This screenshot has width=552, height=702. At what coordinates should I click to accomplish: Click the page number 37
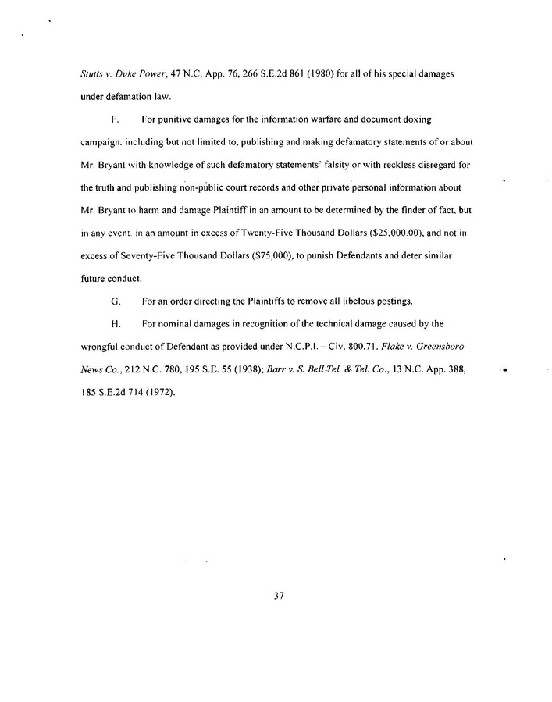pyautogui.click(x=276, y=597)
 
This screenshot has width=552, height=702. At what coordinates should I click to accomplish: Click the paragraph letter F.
pyautogui.click(x=115, y=121)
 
